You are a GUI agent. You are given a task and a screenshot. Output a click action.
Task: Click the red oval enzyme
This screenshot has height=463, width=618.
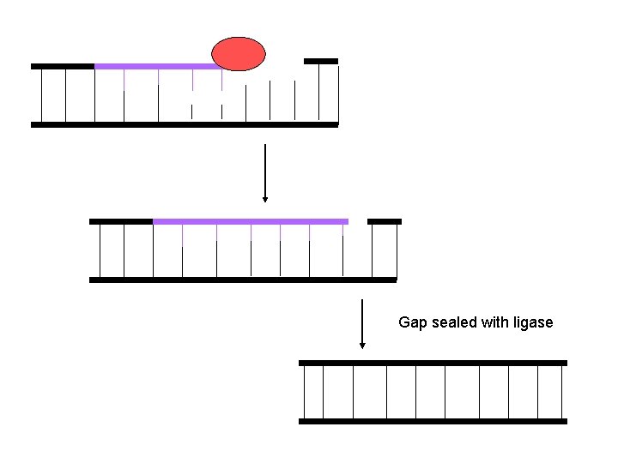pos(239,54)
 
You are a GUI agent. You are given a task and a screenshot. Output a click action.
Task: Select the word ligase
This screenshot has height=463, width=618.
pos(532,322)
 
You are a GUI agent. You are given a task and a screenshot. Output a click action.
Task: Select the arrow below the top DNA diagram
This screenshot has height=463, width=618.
pos(265,171)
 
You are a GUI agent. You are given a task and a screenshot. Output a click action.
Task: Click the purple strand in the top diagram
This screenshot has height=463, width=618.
pos(154,66)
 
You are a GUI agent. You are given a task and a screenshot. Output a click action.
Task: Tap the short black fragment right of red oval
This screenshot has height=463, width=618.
pos(321,61)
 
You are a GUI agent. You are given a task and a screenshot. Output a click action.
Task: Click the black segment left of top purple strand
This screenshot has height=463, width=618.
pos(62,66)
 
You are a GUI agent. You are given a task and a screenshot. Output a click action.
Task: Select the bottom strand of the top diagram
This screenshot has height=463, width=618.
pos(185,124)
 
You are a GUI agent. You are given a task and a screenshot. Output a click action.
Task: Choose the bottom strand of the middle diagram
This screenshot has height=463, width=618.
pos(243,280)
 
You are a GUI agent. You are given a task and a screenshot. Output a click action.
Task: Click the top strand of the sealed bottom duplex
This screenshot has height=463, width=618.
pos(433,363)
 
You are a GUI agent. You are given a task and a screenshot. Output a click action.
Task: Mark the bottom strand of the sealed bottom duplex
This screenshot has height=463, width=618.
pos(433,421)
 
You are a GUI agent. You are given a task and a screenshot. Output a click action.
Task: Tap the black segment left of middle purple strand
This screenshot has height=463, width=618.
pos(120,221)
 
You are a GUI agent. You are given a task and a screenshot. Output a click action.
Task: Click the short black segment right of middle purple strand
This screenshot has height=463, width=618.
pos(385,221)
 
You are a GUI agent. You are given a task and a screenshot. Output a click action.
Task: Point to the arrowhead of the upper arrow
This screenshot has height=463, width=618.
pos(265,199)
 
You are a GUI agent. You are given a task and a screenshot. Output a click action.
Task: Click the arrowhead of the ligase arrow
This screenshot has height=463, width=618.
pos(363,346)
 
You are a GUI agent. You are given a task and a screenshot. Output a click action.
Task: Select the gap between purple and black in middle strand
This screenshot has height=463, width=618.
pos(358,221)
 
